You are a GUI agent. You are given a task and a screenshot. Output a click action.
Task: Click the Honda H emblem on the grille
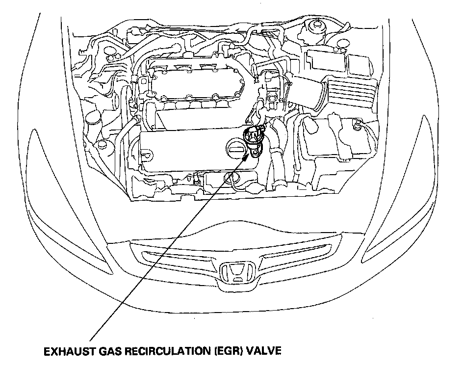pyautogui.click(x=237, y=273)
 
